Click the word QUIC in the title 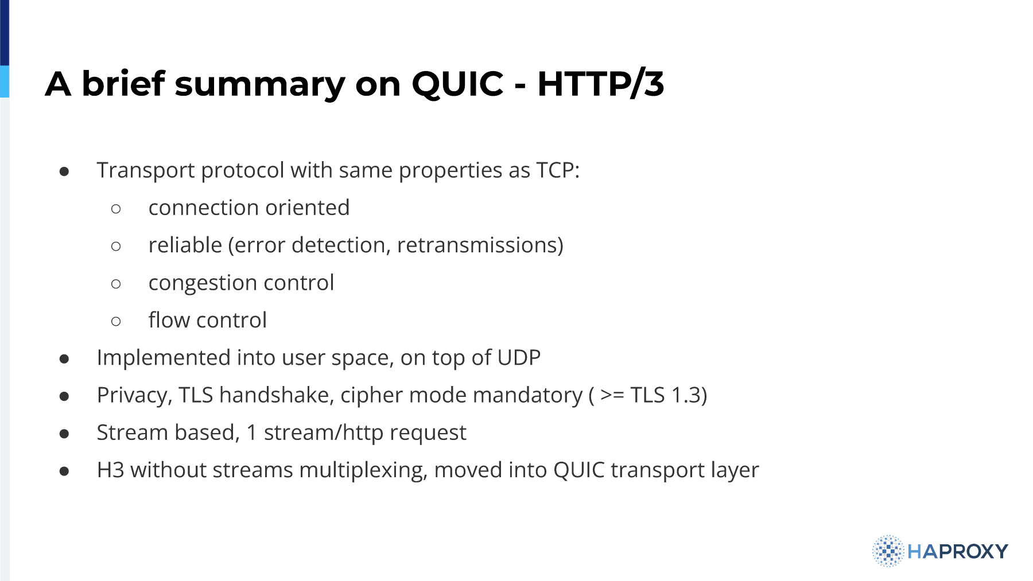point(457,84)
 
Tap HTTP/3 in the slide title point(601,84)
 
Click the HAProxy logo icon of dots point(888,551)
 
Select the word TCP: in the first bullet point(558,170)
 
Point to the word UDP point(519,358)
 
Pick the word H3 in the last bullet point(111,470)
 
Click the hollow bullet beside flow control point(116,321)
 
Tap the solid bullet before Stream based point(64,434)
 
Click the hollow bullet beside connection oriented point(116,209)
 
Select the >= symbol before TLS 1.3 point(612,395)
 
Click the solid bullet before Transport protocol point(64,171)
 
